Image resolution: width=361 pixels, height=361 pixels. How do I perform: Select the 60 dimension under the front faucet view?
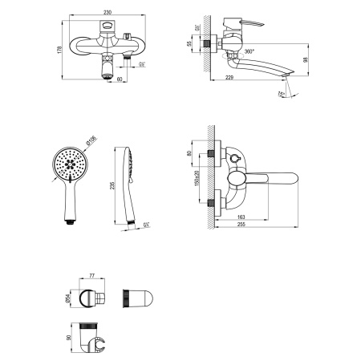[120, 80]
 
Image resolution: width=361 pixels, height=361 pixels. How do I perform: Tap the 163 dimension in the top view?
[241, 217]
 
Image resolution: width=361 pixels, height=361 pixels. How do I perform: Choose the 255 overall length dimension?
[254, 227]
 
